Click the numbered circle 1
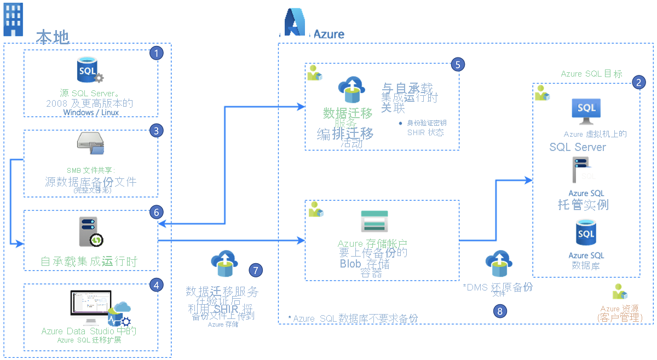pyautogui.click(x=157, y=53)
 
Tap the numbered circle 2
pyautogui.click(x=638, y=82)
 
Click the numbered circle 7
pyautogui.click(x=255, y=270)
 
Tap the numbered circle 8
pyautogui.click(x=499, y=311)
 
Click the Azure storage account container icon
pyautogui.click(x=375, y=221)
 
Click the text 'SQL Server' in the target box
pyautogui.click(x=578, y=147)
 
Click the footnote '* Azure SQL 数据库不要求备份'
pyautogui.click(x=353, y=318)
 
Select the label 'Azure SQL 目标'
pyautogui.click(x=591, y=74)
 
